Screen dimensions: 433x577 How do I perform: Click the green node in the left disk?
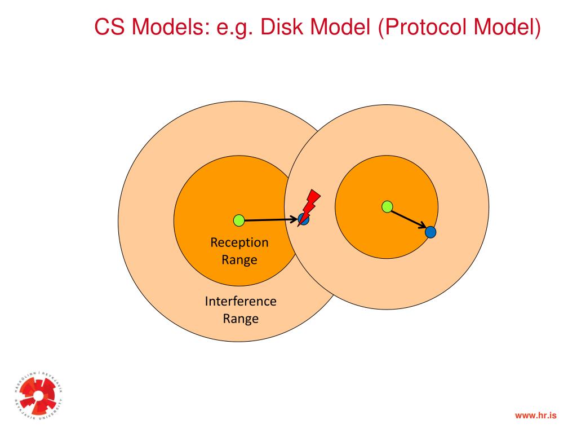[239, 220]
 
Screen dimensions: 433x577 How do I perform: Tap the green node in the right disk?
[387, 207]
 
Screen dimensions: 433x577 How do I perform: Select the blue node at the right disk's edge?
[430, 232]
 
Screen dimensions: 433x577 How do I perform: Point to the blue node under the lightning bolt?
[303, 220]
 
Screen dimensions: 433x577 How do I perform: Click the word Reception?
[239, 242]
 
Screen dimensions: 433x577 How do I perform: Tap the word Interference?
[241, 301]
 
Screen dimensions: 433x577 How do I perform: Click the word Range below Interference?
[241, 319]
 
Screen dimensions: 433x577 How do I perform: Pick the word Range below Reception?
[239, 260]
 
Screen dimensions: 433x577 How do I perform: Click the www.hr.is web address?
[535, 416]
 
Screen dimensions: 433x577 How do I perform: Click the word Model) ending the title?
[508, 26]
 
